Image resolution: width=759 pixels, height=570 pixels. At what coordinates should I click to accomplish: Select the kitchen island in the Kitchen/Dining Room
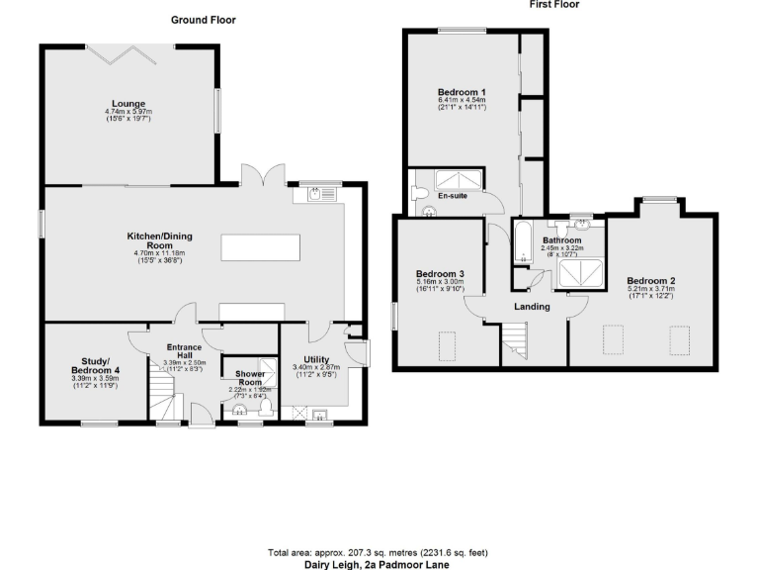pyautogui.click(x=260, y=246)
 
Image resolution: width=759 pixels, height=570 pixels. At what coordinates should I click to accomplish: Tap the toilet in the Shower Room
pyautogui.click(x=264, y=409)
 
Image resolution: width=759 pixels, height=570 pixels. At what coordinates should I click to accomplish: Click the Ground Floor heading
pyautogui.click(x=203, y=20)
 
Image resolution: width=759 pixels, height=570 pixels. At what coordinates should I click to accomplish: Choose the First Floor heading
pyautogui.click(x=553, y=5)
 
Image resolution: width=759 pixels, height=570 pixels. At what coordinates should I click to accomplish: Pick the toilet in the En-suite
pyautogui.click(x=418, y=191)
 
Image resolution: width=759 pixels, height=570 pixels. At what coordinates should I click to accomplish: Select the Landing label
pyautogui.click(x=532, y=307)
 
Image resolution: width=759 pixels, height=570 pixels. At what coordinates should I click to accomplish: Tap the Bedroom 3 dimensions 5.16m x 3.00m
pyautogui.click(x=441, y=284)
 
